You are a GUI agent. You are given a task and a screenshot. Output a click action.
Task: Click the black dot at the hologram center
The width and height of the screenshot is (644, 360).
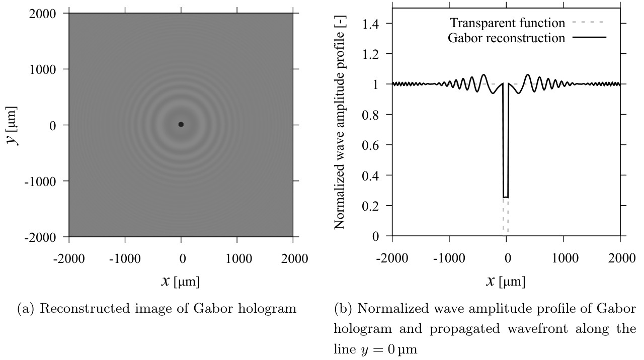point(181,124)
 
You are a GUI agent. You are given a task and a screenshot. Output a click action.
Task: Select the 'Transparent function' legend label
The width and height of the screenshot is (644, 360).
point(508,23)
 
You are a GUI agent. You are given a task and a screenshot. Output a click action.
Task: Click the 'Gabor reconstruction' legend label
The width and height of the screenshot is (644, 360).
point(507,38)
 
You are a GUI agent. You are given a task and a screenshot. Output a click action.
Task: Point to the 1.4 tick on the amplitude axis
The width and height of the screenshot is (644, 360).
point(374,24)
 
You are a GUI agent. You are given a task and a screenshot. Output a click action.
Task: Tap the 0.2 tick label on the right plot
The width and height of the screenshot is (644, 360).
point(374,206)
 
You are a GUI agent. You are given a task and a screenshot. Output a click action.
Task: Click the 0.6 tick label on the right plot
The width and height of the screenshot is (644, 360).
point(374,145)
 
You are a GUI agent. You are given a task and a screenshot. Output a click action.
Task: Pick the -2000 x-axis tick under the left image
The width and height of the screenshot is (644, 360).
point(69,258)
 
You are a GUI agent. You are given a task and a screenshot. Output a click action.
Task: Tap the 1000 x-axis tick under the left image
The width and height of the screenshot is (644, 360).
point(237,258)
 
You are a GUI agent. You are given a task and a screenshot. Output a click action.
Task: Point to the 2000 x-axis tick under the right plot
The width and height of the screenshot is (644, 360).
point(620,258)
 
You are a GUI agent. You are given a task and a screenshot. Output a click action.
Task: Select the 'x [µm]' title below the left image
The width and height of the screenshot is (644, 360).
point(181,281)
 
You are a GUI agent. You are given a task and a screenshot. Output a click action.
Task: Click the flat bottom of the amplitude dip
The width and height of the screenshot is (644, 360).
point(506,197)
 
